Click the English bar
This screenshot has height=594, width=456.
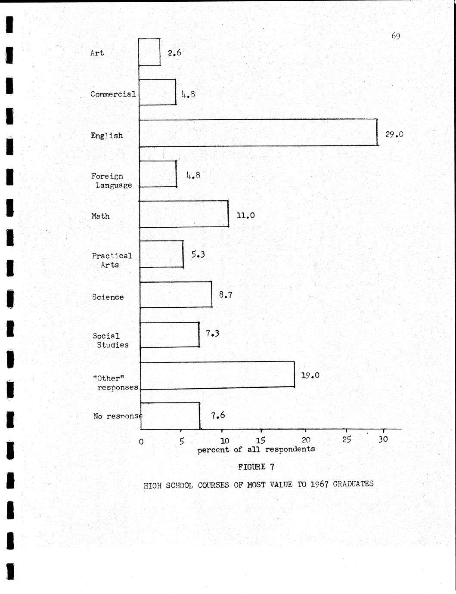(x=258, y=133)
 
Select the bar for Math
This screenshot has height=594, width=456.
(x=184, y=214)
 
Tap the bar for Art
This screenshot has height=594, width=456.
(x=149, y=52)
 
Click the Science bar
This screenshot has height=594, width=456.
(x=176, y=294)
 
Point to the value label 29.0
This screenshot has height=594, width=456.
(x=394, y=134)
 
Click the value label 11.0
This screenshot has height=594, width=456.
(x=245, y=215)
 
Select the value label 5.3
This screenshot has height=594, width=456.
(x=198, y=254)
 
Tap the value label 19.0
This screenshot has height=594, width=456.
(x=310, y=375)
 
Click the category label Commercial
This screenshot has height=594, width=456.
(x=113, y=94)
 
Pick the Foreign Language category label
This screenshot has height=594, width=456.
(x=111, y=181)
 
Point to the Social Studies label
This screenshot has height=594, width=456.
(x=110, y=340)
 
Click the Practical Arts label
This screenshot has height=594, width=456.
(x=112, y=260)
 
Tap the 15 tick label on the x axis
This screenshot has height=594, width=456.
(x=261, y=440)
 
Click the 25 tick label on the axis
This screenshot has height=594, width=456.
(x=347, y=439)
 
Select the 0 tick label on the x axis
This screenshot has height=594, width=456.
(x=141, y=441)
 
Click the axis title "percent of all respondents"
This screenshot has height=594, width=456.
(x=256, y=449)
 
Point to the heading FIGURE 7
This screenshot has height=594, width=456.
(x=256, y=467)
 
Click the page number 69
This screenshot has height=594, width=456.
(x=396, y=36)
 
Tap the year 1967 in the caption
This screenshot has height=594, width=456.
(x=319, y=484)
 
